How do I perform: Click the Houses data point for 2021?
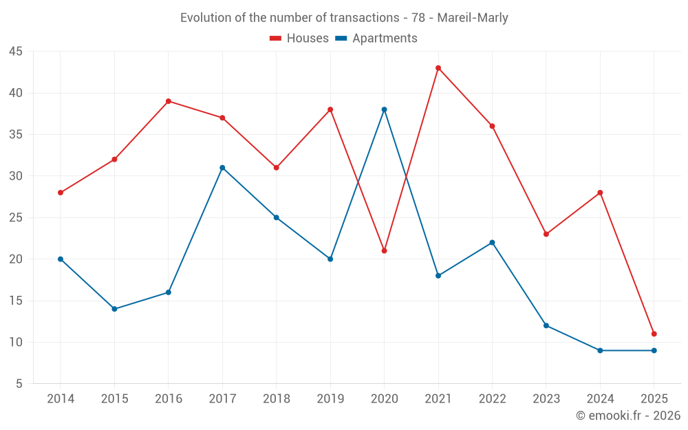(438, 68)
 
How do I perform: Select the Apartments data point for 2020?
(384, 109)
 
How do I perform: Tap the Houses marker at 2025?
(654, 334)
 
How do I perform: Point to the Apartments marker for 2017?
(222, 168)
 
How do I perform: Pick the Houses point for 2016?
(169, 101)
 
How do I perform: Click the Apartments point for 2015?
(114, 309)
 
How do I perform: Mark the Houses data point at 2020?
(384, 250)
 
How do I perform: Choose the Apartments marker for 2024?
(600, 350)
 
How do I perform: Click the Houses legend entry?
(299, 39)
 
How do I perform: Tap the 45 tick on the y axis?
(15, 52)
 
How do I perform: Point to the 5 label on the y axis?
(19, 384)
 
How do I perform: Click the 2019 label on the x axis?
(330, 399)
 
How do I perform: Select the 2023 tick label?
(546, 399)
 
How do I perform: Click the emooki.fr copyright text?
(628, 416)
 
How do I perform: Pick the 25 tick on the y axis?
(15, 218)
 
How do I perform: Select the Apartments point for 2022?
(492, 242)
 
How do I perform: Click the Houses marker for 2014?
(61, 193)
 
